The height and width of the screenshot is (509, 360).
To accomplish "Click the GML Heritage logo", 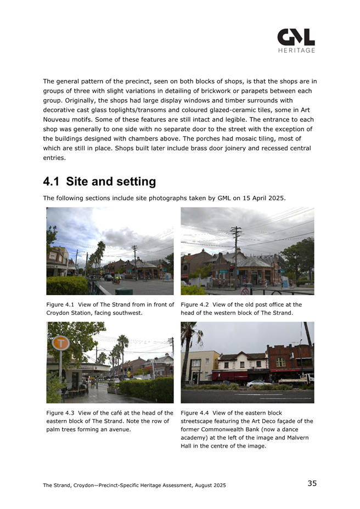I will [x=296, y=41].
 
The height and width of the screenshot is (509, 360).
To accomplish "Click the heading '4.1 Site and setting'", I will [x=99, y=182].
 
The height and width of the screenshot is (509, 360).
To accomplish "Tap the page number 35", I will [x=312, y=483].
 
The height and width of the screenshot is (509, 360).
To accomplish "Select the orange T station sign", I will [x=60, y=343].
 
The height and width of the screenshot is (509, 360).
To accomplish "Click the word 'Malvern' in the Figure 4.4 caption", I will [x=297, y=438].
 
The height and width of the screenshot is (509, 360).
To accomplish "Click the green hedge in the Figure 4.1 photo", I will [x=66, y=285].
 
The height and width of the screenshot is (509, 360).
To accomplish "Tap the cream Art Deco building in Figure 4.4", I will [x=199, y=366].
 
